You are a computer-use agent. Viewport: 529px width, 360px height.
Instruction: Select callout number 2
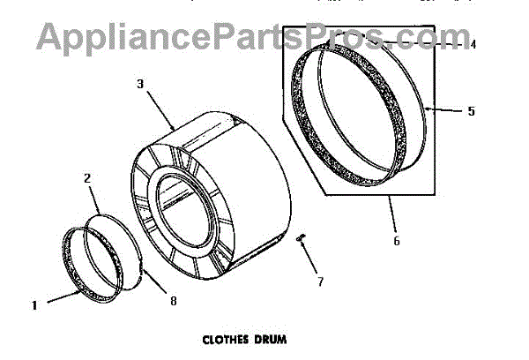[x=87, y=178]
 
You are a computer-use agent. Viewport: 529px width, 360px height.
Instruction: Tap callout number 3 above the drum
[x=139, y=84]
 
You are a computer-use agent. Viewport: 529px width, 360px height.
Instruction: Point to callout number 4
[x=473, y=42]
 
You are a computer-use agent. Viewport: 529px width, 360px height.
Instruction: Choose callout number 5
[x=471, y=112]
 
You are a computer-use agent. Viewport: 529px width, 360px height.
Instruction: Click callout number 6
[x=395, y=241]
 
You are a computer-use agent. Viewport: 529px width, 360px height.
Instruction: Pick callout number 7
[x=320, y=282]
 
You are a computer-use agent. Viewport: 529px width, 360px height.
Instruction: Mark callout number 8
[x=173, y=301]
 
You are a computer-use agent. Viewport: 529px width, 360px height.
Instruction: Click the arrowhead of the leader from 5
[x=427, y=109]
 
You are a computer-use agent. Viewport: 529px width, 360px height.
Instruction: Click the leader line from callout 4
[x=423, y=41]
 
